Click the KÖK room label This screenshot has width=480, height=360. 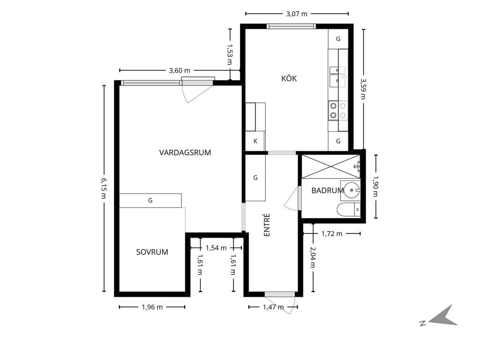pyautogui.click(x=289, y=78)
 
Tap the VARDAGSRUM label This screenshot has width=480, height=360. pyautogui.click(x=185, y=152)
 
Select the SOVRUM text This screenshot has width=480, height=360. pyautogui.click(x=152, y=252)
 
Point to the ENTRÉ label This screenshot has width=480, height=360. pyautogui.click(x=267, y=225)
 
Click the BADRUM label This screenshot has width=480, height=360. pyautogui.click(x=328, y=190)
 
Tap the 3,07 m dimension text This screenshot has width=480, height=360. pyautogui.click(x=297, y=14)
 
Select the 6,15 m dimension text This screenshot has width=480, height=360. pyautogui.click(x=103, y=188)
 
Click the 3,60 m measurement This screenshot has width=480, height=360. pyautogui.click(x=180, y=70)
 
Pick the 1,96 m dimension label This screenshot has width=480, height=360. pyautogui.click(x=152, y=307)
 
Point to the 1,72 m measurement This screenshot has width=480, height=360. pyautogui.click(x=332, y=234)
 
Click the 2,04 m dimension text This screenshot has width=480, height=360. pyautogui.click(x=313, y=257)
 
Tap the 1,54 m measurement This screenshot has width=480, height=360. pyautogui.click(x=216, y=248)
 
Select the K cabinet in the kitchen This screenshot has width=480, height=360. pyautogui.click(x=255, y=141)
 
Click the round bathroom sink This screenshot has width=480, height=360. pyautogui.click(x=352, y=190)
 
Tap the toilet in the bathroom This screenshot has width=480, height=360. pyautogui.click(x=349, y=210)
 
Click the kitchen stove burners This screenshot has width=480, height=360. pyautogui.click(x=338, y=111)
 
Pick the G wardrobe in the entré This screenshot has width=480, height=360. pyautogui.click(x=255, y=178)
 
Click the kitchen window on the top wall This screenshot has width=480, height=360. pyautogui.click(x=291, y=26)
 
